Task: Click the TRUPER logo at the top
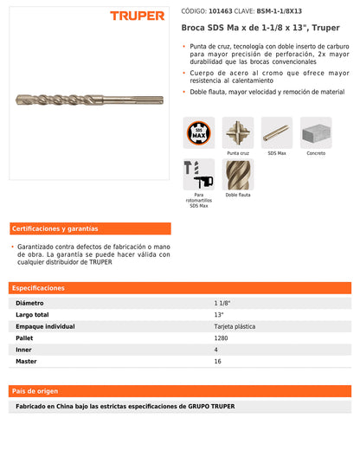coord(137,16)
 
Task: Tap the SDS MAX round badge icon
coord(199,132)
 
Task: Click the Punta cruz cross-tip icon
coord(238,132)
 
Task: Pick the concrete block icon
coord(316,132)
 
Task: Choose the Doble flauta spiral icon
coord(238,174)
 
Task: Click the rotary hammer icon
coord(199,174)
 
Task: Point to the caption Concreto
coord(316,153)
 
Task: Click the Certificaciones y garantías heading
coord(55,228)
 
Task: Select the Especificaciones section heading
coord(39,287)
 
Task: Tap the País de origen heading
coord(35,391)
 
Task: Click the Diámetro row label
coord(30,304)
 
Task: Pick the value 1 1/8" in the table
coord(223,304)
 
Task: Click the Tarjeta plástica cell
coord(235,326)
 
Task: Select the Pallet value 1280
coord(222,337)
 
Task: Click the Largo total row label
coord(33,315)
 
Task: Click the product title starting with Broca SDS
coord(260,28)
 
